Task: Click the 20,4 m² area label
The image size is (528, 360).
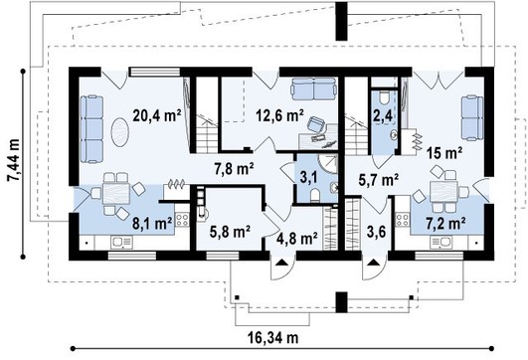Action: [157, 115]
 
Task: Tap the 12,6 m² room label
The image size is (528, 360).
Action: [279, 115]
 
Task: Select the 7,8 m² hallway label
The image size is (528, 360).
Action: [235, 169]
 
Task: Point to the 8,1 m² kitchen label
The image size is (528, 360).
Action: [152, 224]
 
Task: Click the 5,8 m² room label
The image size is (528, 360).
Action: [230, 232]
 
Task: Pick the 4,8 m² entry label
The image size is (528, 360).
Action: [297, 239]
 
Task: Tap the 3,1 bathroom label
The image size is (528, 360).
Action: [308, 178]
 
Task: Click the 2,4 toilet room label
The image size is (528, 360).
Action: [383, 115]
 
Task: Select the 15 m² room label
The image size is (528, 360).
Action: [444, 153]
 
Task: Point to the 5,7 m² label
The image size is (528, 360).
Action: [379, 180]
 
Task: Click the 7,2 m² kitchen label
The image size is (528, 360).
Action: [446, 224]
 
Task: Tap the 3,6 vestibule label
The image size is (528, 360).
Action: [376, 232]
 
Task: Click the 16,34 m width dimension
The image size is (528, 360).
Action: [273, 337]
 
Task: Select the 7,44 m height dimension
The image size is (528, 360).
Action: [14, 160]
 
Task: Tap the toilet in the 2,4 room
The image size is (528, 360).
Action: [384, 97]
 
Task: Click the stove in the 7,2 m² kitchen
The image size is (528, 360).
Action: [403, 220]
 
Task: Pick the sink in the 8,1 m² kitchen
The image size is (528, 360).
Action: [122, 242]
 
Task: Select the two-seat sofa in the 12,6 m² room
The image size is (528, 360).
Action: [314, 89]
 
